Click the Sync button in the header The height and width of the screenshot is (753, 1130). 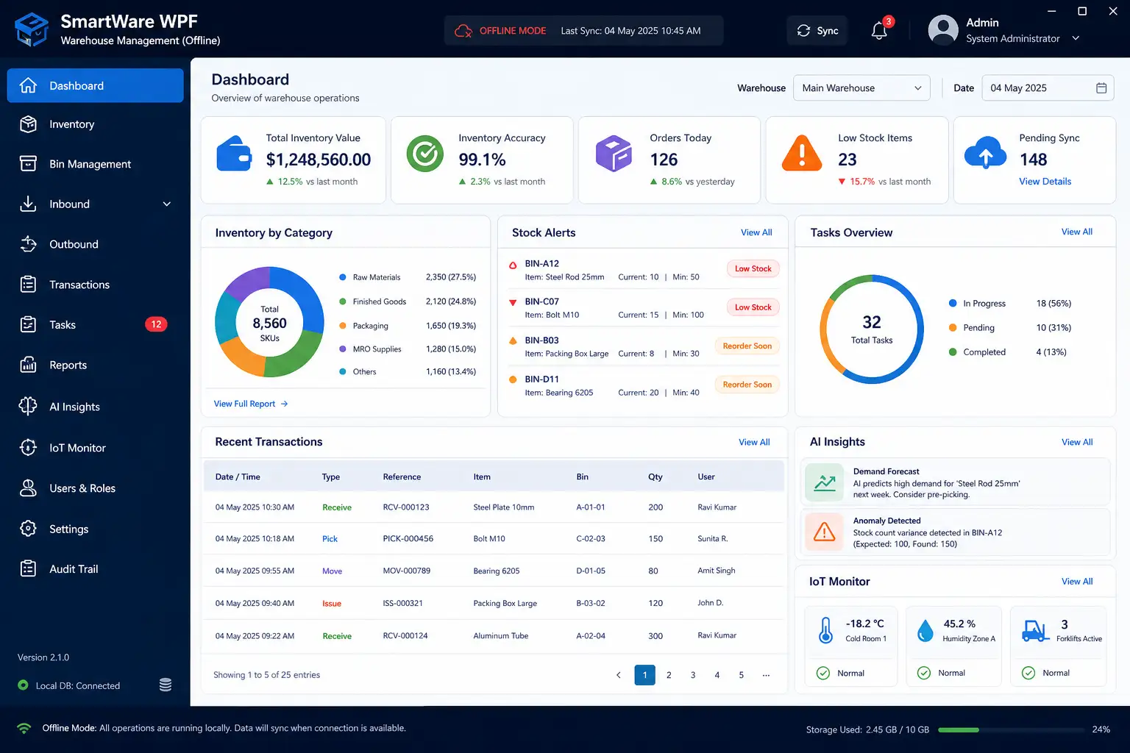817,31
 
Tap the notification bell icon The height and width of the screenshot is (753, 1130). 879,32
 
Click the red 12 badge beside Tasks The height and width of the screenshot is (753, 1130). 156,324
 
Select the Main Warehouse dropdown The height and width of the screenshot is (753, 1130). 861,88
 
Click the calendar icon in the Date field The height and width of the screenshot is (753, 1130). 1101,88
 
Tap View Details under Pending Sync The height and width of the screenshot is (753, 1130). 1045,181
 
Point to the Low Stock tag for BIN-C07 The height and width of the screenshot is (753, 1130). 753,307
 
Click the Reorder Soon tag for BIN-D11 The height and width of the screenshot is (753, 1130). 747,385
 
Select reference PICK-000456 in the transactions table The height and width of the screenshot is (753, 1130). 408,539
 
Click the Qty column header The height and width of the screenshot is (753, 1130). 655,477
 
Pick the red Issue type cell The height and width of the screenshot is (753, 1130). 332,603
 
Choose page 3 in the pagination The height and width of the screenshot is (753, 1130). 692,675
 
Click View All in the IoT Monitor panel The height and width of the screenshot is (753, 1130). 1076,581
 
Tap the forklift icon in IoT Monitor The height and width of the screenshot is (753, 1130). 1034,630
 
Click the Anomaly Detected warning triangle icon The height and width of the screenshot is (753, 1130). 824,532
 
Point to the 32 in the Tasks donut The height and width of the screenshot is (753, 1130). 871,322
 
